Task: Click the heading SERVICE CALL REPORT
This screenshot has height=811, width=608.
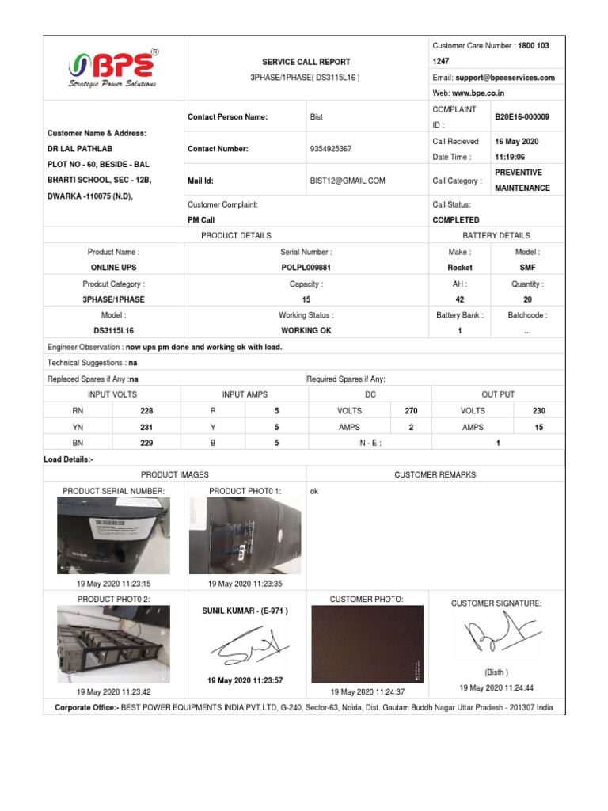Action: [x=306, y=62]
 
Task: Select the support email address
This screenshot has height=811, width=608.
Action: [x=504, y=78]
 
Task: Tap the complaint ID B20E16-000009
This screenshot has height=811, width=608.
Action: [x=522, y=117]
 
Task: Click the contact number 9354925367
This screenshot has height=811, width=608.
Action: [x=331, y=149]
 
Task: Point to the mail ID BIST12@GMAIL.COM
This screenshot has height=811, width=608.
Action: [x=348, y=181]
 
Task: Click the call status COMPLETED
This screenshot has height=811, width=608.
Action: [x=455, y=220]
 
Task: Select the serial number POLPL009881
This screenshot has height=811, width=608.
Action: [x=306, y=268]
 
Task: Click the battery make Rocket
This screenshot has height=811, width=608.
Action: [x=460, y=268]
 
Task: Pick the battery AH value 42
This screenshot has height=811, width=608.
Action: [x=460, y=299]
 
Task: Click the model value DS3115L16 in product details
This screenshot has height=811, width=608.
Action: [x=114, y=331]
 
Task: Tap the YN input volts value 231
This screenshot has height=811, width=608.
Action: [x=146, y=427]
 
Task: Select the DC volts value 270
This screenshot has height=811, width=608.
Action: [x=411, y=411]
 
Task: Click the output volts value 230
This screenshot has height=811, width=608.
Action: [x=538, y=411]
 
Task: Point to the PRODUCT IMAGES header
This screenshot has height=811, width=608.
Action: [x=174, y=474]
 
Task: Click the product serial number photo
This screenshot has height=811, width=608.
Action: [x=113, y=536]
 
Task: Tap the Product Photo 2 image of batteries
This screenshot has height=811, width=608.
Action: [x=113, y=644]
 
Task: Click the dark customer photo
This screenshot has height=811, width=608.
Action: [x=367, y=644]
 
